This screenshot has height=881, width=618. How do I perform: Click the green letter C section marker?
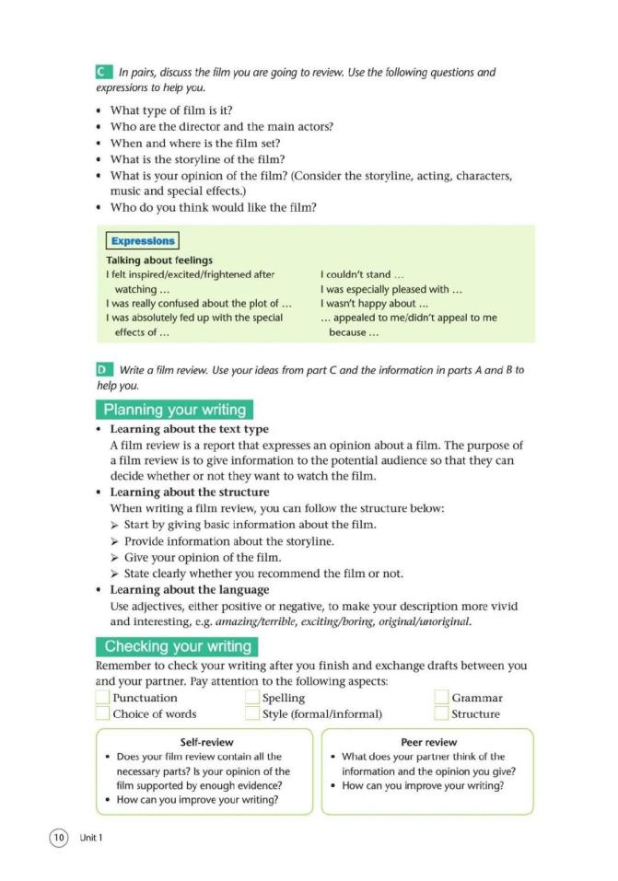click(102, 72)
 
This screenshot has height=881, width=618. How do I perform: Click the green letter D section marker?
click(102, 370)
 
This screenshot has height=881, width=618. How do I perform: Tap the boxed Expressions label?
click(142, 241)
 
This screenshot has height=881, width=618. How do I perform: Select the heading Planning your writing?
click(174, 410)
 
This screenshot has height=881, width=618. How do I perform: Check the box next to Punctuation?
click(102, 698)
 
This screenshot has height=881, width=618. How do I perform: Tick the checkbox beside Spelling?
click(252, 698)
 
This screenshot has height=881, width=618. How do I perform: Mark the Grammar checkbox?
click(441, 698)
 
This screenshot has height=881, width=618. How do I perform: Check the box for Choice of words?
click(102, 713)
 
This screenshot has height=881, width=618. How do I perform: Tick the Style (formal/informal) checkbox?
click(252, 713)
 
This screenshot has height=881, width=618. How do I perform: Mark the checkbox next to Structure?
click(441, 713)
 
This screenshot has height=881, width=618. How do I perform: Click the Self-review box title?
click(206, 742)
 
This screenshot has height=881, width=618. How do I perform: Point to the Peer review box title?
click(429, 742)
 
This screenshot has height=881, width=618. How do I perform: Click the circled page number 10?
click(59, 837)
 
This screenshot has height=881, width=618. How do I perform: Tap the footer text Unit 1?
click(90, 838)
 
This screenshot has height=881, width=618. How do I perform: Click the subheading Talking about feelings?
click(159, 261)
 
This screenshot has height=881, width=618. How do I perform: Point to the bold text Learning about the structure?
click(189, 493)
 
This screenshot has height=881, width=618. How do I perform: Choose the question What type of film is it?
click(164, 110)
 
